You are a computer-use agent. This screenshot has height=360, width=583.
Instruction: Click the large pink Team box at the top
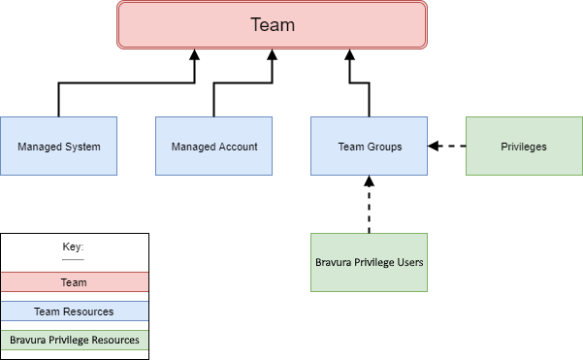tap(272, 25)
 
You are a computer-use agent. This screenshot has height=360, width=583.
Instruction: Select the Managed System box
tap(58, 147)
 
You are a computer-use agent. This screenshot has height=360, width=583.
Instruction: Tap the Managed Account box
tap(213, 147)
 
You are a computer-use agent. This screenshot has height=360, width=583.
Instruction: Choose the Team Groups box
tap(369, 147)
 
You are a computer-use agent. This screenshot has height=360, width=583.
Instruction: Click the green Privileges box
tap(524, 147)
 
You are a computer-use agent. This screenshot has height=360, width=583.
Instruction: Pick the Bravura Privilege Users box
tap(369, 262)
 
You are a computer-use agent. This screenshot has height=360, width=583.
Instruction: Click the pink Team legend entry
tap(74, 282)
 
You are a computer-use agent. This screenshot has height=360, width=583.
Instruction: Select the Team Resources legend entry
tap(74, 311)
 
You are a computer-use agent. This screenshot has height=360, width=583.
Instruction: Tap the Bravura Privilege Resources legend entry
tap(74, 341)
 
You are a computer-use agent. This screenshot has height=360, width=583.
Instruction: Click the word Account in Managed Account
tap(239, 147)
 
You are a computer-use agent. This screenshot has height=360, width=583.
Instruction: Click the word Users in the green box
tap(409, 262)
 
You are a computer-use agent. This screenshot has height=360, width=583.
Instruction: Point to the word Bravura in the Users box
tap(335, 262)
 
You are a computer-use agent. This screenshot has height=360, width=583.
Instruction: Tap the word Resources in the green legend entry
tap(114, 341)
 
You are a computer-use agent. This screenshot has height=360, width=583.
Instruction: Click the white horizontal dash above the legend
tap(73, 260)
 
